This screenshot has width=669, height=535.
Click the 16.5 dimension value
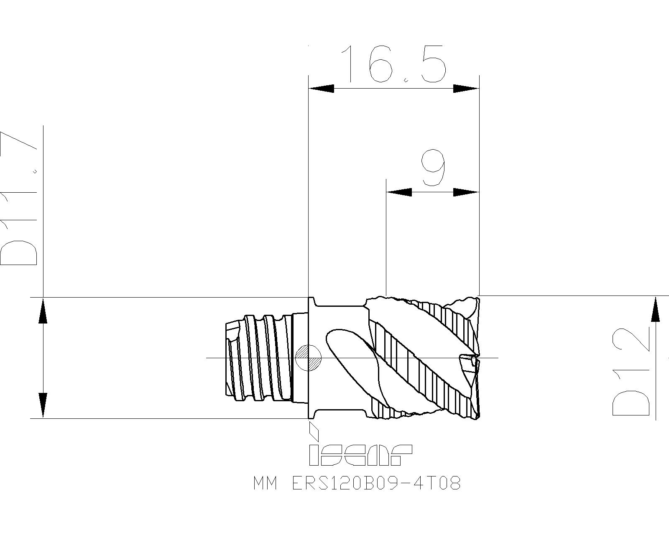tap(394, 64)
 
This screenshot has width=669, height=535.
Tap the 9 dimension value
tap(433, 168)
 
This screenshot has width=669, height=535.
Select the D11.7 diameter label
tap(19, 199)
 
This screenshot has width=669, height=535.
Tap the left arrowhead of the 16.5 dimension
tap(321, 89)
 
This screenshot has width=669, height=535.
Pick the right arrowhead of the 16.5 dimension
tap(466, 89)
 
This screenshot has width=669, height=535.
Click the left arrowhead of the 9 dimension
tap(399, 192)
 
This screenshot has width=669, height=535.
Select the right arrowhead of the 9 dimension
tap(466, 192)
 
